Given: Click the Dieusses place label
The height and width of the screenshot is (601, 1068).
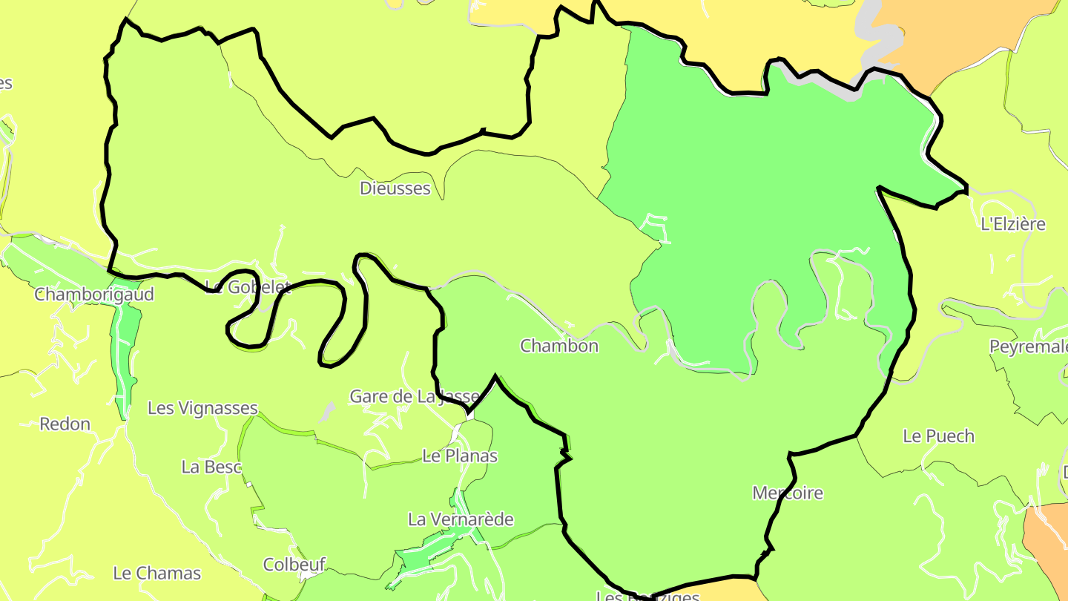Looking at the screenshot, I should coord(395,188).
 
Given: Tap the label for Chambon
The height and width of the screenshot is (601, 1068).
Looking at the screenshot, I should coord(558,346).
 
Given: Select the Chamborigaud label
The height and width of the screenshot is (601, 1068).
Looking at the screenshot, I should coord(94,295).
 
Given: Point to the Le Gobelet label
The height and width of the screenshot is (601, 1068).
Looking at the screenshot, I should coord(247,287).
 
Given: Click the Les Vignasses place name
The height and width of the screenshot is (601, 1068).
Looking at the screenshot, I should coord(202,408).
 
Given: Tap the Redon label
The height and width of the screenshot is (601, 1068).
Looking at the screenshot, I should coord(65,424).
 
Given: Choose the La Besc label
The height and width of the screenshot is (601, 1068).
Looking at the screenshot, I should coord(211,467).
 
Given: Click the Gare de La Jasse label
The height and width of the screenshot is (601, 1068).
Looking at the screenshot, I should coord(415,396).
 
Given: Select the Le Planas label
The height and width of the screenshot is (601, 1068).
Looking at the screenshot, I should coord(459,456).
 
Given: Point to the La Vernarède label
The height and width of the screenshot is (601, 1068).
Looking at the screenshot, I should coord(460,519).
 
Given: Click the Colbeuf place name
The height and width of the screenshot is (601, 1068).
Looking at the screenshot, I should coord(294,565).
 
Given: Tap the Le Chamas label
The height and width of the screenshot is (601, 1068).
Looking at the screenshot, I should coord(156,574).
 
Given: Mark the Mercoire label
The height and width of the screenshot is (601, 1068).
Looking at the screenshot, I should coord(787,493).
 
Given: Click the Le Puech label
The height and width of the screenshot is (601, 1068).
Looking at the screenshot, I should coord(938,436).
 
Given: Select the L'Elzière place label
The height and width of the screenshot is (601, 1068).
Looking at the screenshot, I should coord(1012,224).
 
